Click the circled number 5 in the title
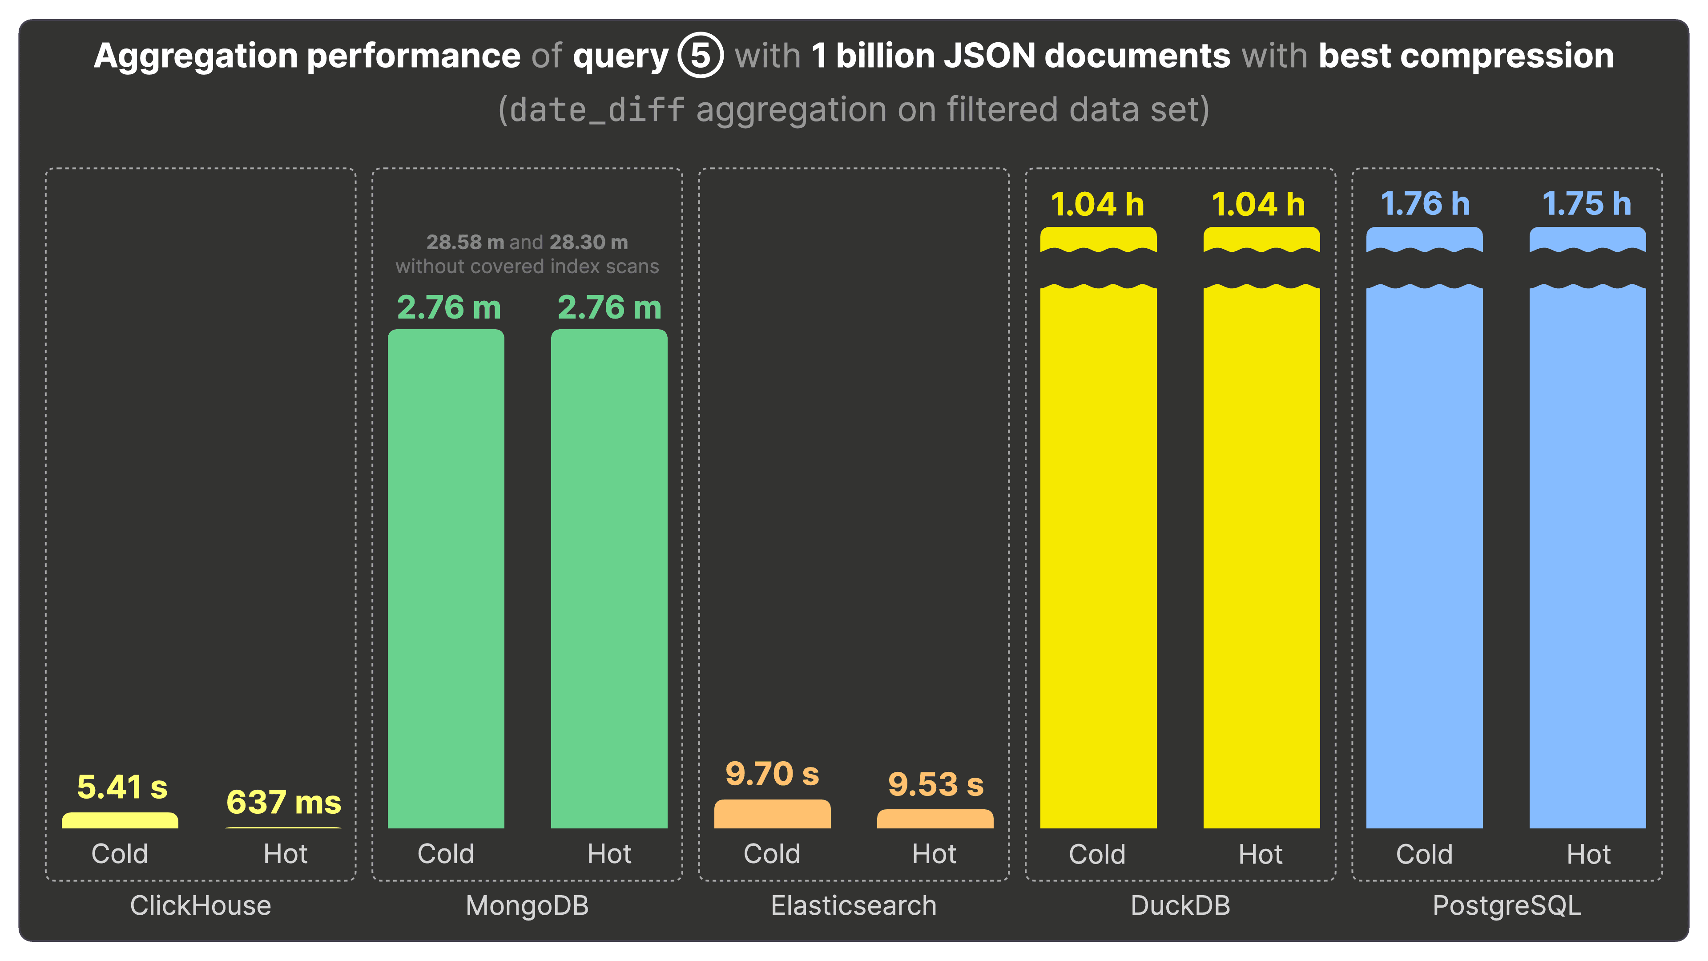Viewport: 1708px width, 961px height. click(x=700, y=56)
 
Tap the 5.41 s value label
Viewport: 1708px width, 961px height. click(x=122, y=787)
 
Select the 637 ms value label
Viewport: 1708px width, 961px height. click(x=284, y=803)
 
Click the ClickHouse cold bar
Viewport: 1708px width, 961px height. click(x=120, y=821)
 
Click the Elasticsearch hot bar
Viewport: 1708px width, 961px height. click(x=935, y=819)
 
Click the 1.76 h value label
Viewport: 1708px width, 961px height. click(x=1425, y=204)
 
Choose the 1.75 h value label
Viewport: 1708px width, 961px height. click(x=1587, y=204)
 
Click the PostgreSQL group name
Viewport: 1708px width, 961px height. click(x=1507, y=905)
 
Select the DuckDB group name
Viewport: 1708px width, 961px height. click(x=1180, y=905)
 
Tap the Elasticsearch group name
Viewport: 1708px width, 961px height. click(x=854, y=905)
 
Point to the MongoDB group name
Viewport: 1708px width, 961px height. click(x=527, y=905)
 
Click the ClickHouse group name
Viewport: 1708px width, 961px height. click(x=200, y=905)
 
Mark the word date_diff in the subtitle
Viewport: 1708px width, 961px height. click(x=597, y=110)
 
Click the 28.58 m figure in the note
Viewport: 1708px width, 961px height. click(x=465, y=242)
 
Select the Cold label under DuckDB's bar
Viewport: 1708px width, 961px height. click(x=1097, y=854)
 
